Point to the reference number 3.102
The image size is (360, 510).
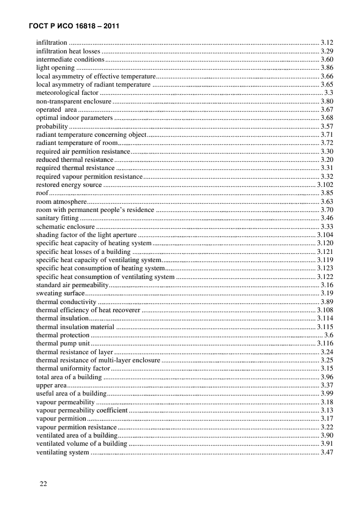[x=325, y=185]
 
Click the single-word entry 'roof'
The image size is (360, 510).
[x=41, y=193]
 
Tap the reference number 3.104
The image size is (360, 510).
[x=325, y=234]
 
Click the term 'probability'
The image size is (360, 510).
[x=52, y=126]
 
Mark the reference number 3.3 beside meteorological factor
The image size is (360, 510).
[x=328, y=93]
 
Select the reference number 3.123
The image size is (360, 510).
[x=325, y=268]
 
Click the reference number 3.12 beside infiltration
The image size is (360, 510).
[x=327, y=42]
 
